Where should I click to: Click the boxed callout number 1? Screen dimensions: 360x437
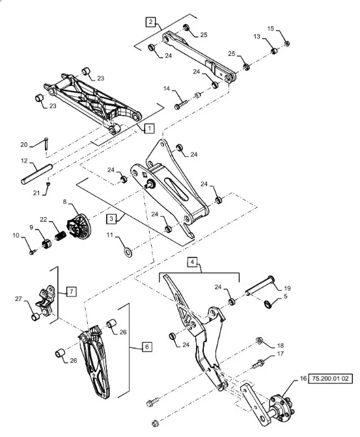click(x=149, y=129)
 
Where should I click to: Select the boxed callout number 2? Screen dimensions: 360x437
click(x=150, y=22)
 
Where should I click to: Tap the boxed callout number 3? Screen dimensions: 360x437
click(x=111, y=218)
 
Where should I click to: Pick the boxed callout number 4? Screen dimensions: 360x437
click(x=192, y=262)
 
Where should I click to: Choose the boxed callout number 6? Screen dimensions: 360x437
click(x=146, y=347)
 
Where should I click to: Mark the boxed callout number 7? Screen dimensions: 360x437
click(x=72, y=291)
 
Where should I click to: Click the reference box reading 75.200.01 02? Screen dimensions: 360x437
click(x=330, y=378)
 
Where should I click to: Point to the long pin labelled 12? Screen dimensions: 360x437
click(x=37, y=174)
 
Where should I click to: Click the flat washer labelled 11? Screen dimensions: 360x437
click(x=128, y=252)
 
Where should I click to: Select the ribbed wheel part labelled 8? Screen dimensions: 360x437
click(x=79, y=226)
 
